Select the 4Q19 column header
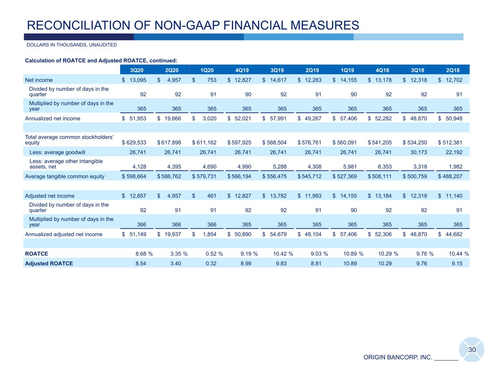pyautogui.click(x=242, y=70)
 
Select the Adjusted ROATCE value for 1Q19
pyautogui.click(x=350, y=263)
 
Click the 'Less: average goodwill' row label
pyautogui.click(x=57, y=152)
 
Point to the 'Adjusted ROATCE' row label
pyautogui.click(x=49, y=263)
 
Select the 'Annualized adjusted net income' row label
pyautogui.click(x=63, y=234)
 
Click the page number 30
pyautogui.click(x=472, y=350)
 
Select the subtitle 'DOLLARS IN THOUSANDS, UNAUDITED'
pyautogui.click(x=72, y=45)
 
